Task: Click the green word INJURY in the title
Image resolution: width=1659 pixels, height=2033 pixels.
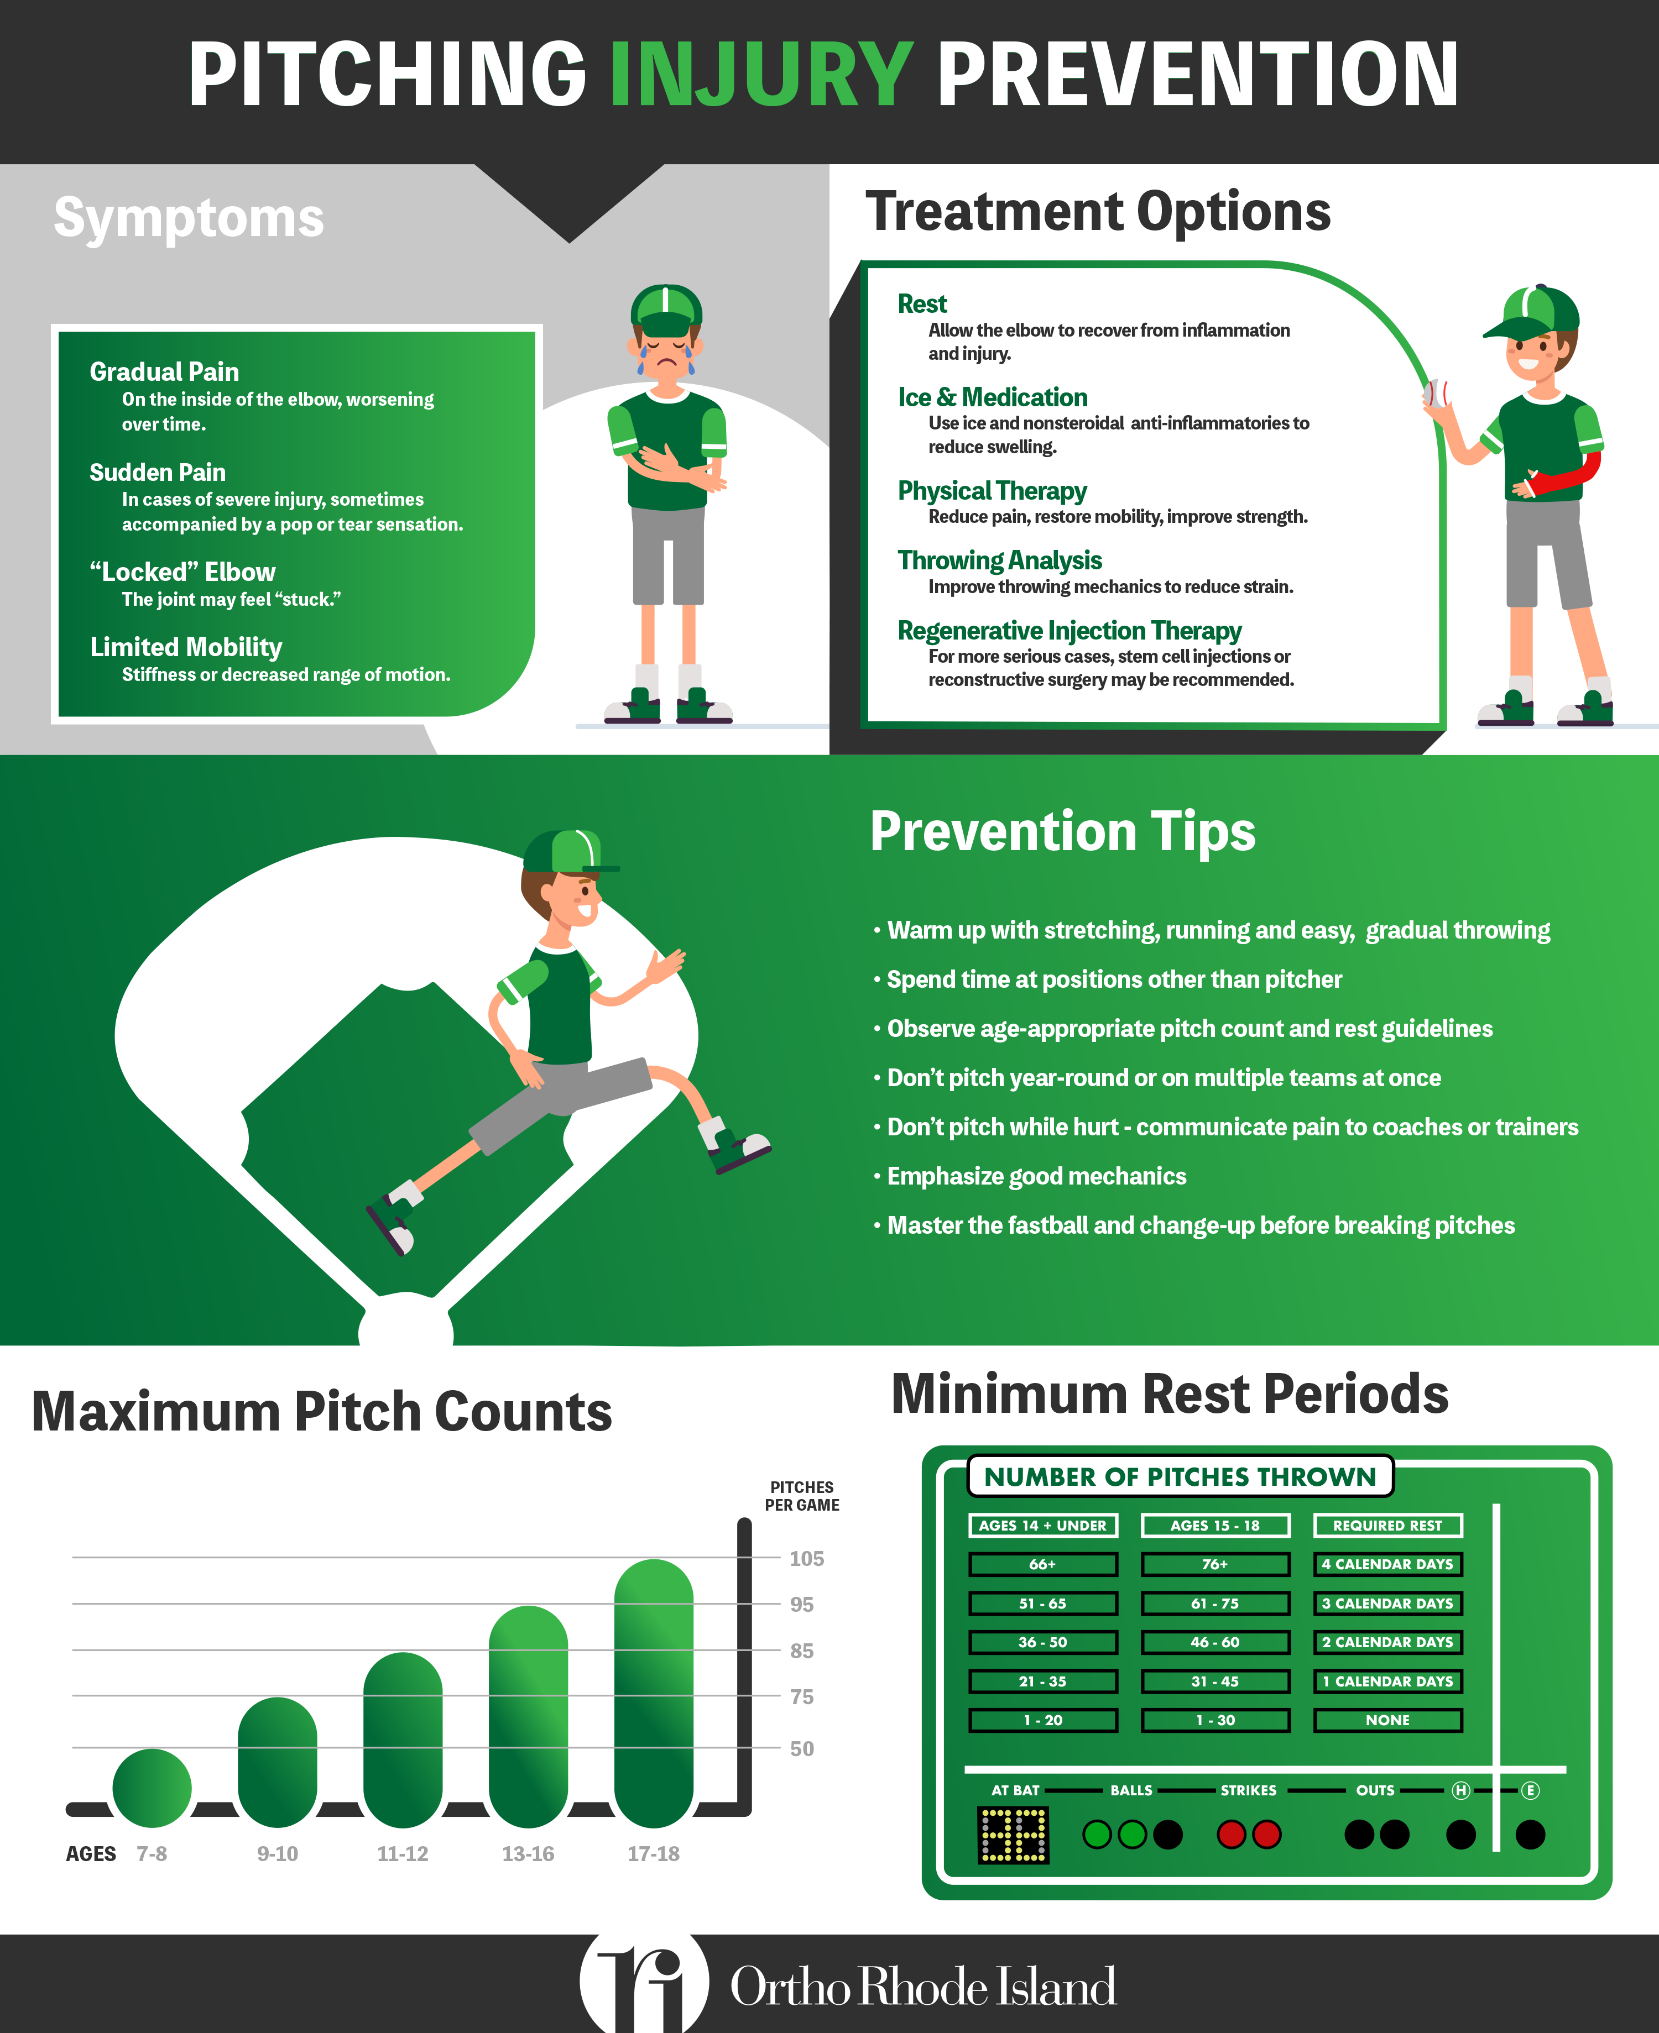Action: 761,75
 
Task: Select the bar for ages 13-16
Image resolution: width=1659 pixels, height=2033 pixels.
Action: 528,1717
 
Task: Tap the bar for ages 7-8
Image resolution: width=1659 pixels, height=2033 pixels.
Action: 152,1788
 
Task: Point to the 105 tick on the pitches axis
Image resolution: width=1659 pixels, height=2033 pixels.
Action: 806,1558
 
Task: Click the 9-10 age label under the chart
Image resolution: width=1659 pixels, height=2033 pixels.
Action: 277,1853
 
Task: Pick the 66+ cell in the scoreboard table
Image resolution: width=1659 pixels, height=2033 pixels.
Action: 1042,1564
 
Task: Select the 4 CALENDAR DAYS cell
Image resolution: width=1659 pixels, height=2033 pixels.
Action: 1387,1564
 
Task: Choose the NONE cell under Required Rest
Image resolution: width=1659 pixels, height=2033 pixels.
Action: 1387,1720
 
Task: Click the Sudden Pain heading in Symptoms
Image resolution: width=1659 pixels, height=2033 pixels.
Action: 158,472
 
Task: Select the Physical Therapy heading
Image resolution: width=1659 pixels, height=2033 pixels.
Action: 992,490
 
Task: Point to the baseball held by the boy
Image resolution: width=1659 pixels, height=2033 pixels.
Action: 1436,392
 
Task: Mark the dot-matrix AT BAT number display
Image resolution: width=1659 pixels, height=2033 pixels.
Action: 1013,1834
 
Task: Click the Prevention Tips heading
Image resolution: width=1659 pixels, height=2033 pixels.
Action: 1063,831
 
